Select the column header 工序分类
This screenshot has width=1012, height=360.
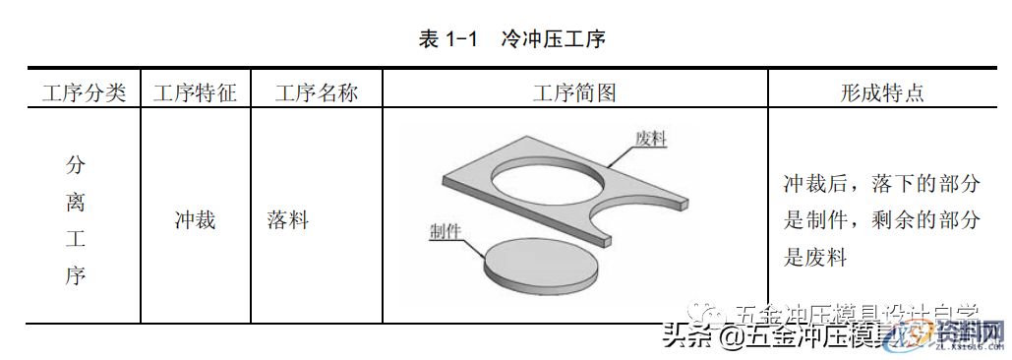[84, 93]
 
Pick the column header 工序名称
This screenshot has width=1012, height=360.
[316, 93]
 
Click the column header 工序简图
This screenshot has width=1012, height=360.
[574, 93]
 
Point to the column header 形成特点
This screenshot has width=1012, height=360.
[882, 93]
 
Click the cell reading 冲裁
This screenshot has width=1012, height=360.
[195, 219]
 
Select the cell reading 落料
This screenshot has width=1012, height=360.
[288, 219]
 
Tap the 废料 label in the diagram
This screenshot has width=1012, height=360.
[651, 139]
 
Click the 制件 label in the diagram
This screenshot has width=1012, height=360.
[446, 232]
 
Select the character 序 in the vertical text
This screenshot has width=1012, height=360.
[76, 276]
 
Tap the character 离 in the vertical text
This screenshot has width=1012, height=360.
[76, 202]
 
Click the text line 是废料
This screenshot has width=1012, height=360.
[815, 257]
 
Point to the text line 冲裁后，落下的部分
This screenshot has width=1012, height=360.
[881, 184]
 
